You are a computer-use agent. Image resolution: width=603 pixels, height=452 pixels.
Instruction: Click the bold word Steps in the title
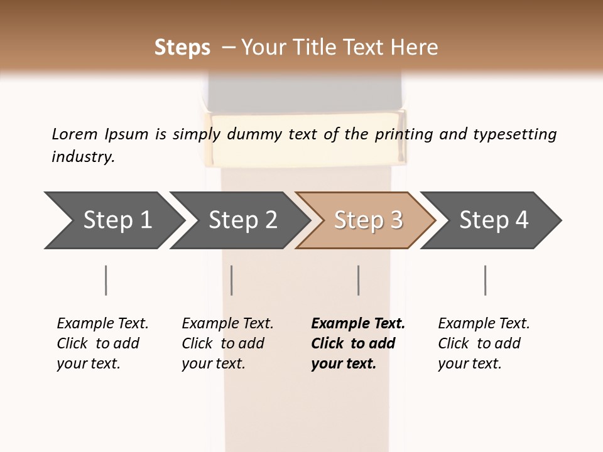tap(182, 48)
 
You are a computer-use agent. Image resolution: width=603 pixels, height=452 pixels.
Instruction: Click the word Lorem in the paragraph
tap(74, 134)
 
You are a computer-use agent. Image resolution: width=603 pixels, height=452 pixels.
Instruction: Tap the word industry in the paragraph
tap(82, 156)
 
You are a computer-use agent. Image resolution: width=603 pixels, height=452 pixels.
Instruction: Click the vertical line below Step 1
tap(106, 280)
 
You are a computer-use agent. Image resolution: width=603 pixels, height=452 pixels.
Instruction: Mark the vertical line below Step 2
tap(232, 280)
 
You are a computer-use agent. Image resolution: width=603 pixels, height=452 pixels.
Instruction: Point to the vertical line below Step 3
tap(359, 280)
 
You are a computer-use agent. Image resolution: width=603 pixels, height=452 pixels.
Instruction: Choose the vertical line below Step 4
tap(486, 280)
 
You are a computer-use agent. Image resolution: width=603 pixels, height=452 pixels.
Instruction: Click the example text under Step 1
tap(102, 343)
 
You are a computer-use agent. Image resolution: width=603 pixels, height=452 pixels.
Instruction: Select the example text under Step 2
tap(227, 343)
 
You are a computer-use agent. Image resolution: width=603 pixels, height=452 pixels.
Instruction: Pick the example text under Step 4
tap(484, 343)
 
